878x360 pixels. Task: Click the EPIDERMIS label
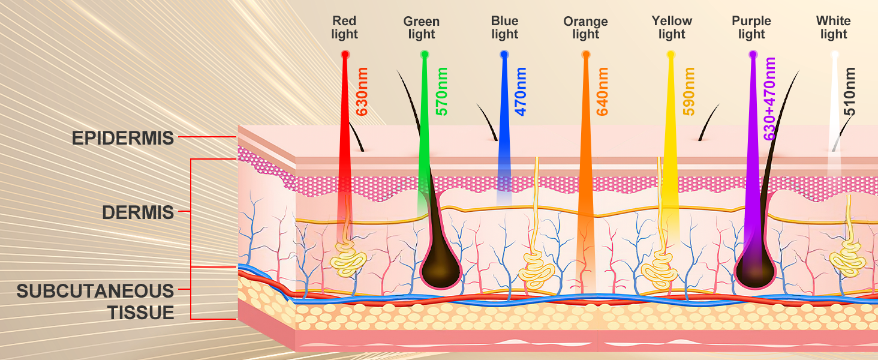tap(123, 138)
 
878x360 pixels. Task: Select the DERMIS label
tap(138, 212)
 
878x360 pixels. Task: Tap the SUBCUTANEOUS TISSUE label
tap(95, 302)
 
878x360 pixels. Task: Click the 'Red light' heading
tap(344, 28)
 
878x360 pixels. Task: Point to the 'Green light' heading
tap(421, 28)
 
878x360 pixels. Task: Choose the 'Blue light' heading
tap(504, 28)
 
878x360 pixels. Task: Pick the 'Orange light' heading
tap(585, 28)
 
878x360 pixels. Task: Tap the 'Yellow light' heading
tap(672, 28)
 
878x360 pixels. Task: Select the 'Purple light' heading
tap(751, 28)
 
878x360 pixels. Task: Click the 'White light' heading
tap(833, 28)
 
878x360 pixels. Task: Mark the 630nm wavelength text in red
tap(362, 91)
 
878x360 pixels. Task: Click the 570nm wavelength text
tap(441, 91)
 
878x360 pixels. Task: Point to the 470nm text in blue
tap(521, 91)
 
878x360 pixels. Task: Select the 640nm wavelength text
tap(602, 91)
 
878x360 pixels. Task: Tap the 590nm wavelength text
tap(689, 91)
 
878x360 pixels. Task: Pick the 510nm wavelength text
tap(849, 91)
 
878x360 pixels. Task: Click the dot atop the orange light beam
tap(586, 55)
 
